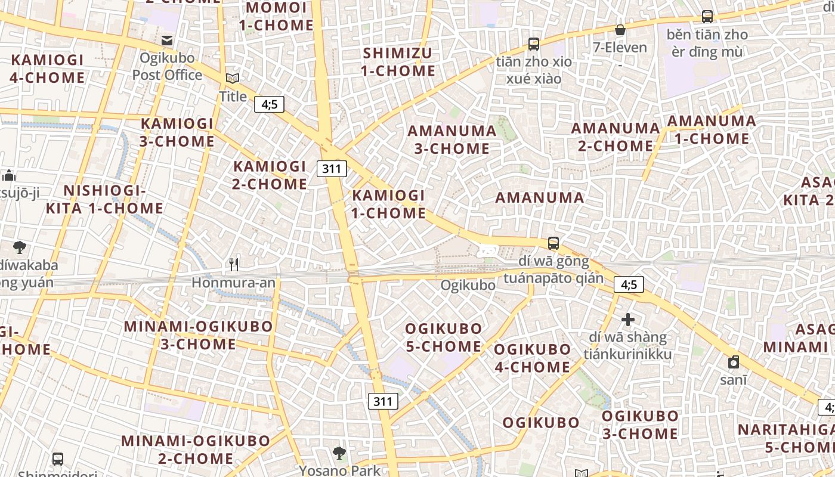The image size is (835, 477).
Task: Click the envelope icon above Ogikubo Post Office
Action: [167, 41]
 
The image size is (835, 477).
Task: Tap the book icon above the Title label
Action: [233, 78]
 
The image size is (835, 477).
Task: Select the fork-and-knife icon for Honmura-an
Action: [234, 264]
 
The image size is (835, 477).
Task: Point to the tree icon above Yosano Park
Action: [339, 453]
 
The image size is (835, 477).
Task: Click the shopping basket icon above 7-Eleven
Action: [620, 29]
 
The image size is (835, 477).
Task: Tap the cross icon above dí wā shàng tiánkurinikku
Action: [627, 320]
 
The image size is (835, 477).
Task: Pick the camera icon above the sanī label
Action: [734, 361]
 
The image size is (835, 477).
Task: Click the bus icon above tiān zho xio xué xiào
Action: [534, 44]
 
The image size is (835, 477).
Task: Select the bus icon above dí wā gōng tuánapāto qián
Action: [553, 243]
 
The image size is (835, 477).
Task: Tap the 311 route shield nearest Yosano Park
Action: [382, 401]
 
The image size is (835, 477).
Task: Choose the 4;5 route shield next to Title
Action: [269, 105]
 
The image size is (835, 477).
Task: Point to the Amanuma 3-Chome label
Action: [451, 140]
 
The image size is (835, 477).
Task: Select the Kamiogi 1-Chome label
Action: [389, 204]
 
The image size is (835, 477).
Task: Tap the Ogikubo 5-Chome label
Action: [443, 337]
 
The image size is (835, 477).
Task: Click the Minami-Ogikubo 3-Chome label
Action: [198, 335]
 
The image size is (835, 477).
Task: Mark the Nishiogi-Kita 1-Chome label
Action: [104, 199]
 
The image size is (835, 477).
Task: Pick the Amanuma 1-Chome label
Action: [711, 129]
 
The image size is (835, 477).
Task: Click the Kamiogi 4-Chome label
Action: [48, 69]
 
